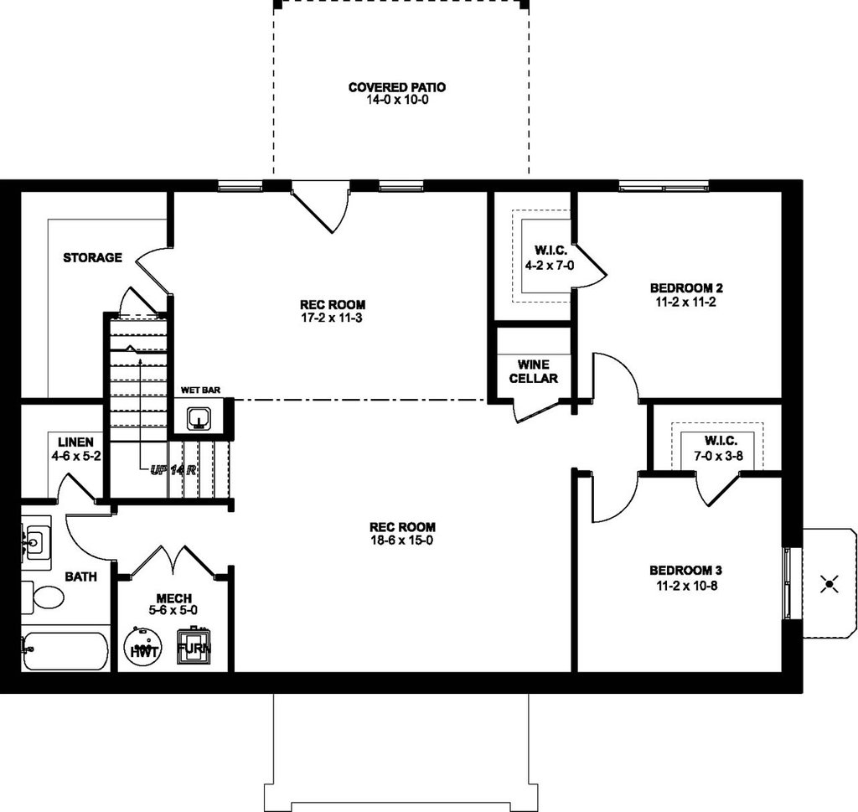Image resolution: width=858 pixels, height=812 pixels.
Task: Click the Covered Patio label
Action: coord(396,87)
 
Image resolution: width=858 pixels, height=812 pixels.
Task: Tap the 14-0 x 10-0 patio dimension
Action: coord(397,100)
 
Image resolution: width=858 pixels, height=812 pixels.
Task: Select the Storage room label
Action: coord(92,257)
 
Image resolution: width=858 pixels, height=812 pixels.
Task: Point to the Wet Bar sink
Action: coord(198,419)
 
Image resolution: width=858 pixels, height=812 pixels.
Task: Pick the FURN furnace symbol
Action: coord(194,647)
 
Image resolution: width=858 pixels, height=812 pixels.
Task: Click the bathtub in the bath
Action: coord(65,652)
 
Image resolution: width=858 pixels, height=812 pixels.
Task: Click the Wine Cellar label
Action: coord(534,371)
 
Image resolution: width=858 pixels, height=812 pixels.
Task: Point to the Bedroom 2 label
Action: coord(686,287)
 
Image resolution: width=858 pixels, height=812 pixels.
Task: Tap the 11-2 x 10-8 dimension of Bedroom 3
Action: coord(687,586)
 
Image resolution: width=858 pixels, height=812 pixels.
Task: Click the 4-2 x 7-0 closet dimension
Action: coord(550,266)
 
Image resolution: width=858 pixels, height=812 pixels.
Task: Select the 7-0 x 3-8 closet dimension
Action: coord(718,455)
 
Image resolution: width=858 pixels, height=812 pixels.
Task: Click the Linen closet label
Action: coord(75,442)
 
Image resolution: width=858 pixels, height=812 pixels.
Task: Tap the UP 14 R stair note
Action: coord(173,469)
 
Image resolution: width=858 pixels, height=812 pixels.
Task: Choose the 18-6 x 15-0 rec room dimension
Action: coord(402,540)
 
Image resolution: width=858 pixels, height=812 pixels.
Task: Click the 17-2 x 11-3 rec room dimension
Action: coord(332,318)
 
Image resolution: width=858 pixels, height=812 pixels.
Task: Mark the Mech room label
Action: coord(174,598)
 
